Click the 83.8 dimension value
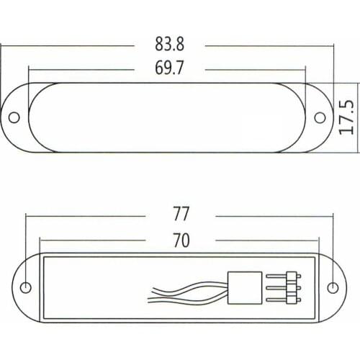[169, 45]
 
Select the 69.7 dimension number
[169, 69]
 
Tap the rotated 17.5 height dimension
[347, 117]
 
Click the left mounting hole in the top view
[14, 117]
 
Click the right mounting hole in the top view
[321, 117]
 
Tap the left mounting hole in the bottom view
[25, 287]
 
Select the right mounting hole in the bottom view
[332, 287]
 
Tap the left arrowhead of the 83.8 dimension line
[3, 45]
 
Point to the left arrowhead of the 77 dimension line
[28, 215]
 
